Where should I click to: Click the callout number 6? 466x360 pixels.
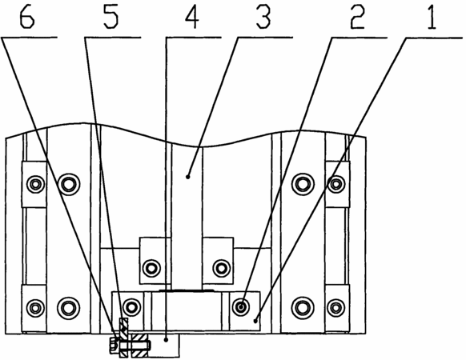tap(27, 18)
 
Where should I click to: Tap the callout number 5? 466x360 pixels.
tap(111, 18)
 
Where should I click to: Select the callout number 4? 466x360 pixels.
tap(191, 18)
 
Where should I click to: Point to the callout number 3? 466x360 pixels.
tap(263, 18)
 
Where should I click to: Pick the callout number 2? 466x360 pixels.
tap(357, 18)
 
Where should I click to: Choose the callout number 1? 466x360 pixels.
tap(432, 18)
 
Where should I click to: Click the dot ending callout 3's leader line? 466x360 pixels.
tap(187, 177)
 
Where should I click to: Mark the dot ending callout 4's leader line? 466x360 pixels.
tap(167, 339)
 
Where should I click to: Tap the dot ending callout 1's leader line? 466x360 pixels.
tap(255, 321)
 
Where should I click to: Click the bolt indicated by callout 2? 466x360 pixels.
tap(241, 306)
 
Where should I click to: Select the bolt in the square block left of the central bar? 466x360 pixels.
tap(151, 268)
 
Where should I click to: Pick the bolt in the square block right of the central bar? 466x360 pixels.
tap(222, 268)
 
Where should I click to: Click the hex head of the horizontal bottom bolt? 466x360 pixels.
tap(114, 346)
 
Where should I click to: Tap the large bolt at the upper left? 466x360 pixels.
tap(69, 185)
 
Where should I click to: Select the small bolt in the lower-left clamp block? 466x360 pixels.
tap(36, 308)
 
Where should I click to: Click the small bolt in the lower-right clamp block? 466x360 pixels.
tap(335, 308)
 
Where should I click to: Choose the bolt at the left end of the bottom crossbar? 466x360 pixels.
tap(131, 307)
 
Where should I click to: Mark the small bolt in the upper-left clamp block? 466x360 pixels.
tap(36, 185)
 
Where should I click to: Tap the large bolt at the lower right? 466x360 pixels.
tap(303, 308)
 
